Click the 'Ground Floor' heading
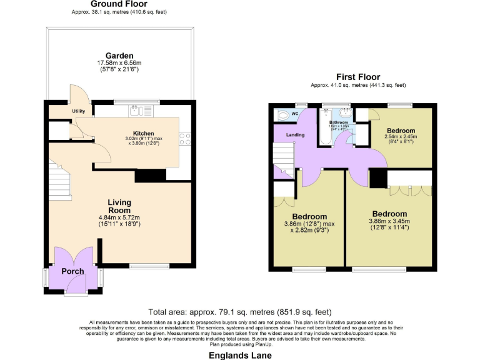click(119, 4)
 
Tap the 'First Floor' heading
click(358, 77)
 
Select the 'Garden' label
click(119, 55)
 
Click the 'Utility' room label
click(78, 111)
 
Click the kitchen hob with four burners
click(184, 139)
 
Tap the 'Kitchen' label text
click(143, 133)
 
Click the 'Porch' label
click(72, 271)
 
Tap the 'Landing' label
click(295, 134)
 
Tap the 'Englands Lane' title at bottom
click(239, 353)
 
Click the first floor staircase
click(284, 159)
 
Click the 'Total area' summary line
click(239, 311)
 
